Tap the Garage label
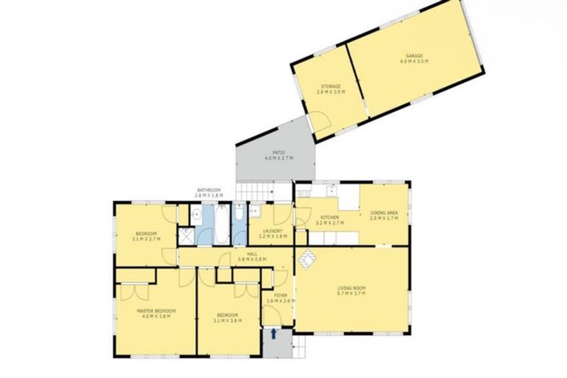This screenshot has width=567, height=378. point(413,56)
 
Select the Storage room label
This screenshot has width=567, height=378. point(329,86)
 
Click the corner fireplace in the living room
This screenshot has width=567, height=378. point(306,258)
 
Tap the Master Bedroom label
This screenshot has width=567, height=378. point(157,312)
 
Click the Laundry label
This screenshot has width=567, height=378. point(274,232)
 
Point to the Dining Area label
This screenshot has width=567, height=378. point(384,213)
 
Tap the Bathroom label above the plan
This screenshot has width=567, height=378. point(208,190)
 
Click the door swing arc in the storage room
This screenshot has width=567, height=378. point(320,120)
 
